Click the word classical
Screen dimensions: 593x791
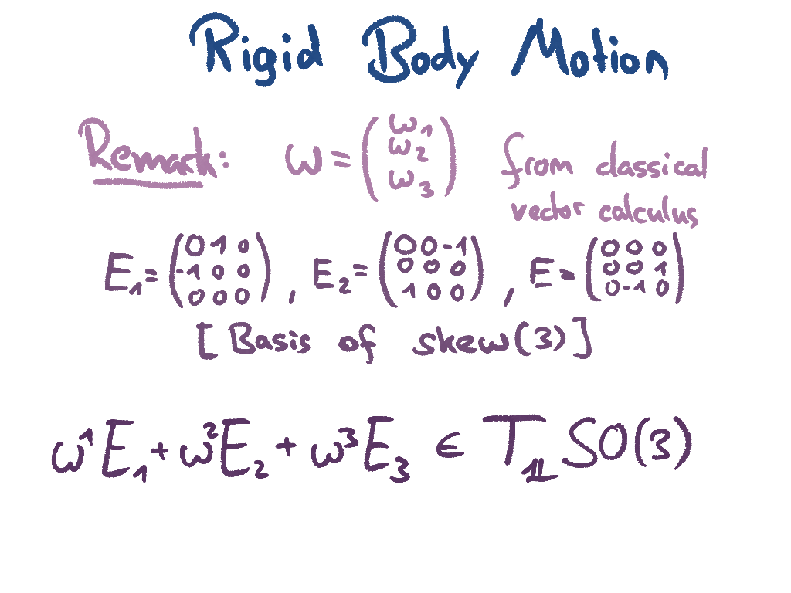[x=650, y=164]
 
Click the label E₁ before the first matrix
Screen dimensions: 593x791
[x=123, y=275]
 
